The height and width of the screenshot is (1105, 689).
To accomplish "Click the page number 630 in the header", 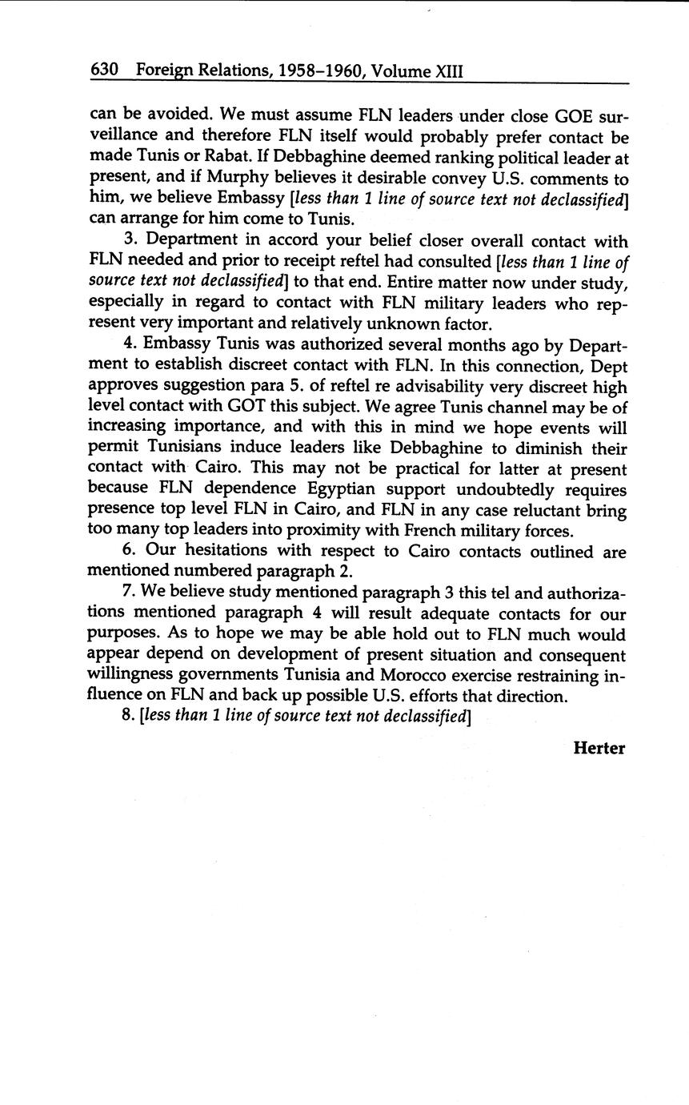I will coord(105,70).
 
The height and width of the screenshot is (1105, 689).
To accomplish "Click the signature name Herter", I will coord(599,748).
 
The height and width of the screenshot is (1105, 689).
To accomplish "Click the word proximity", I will coord(310,530).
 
